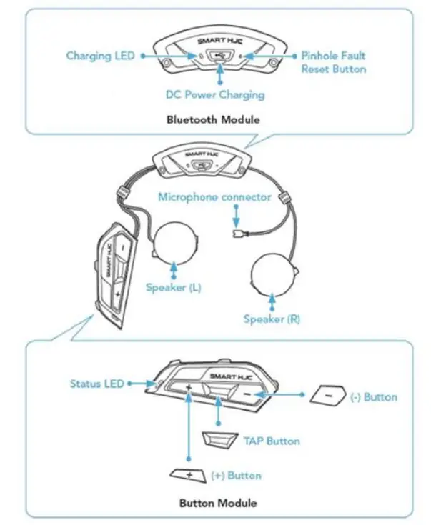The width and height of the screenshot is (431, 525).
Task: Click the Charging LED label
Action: tap(100, 56)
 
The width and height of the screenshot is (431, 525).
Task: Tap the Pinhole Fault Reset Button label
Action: tap(333, 62)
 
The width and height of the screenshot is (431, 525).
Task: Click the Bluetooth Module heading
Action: tap(212, 119)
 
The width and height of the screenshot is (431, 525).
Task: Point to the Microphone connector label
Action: tap(215, 196)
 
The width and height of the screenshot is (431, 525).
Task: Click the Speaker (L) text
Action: tap(173, 288)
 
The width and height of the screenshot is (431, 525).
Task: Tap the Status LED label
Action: tap(96, 384)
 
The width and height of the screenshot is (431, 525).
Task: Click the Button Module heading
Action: tap(219, 503)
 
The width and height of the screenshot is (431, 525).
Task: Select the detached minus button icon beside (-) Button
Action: tap(327, 396)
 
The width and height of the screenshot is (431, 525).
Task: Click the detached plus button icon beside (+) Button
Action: tap(188, 474)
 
